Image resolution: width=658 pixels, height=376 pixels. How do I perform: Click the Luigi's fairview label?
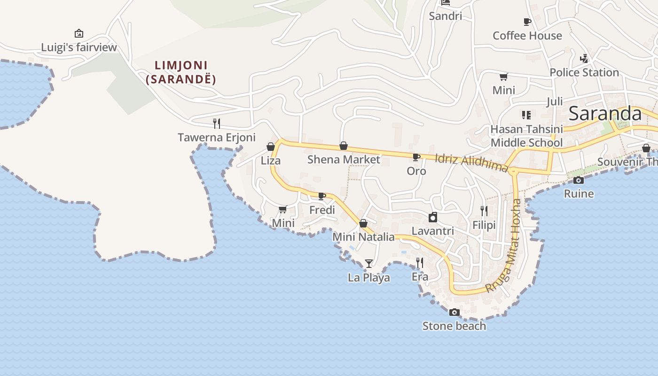78,47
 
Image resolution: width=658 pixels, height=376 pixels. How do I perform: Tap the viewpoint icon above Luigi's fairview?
79,33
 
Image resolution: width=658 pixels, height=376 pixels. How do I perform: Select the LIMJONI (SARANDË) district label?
181,72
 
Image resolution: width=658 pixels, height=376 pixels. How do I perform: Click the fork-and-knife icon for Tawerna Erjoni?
217,123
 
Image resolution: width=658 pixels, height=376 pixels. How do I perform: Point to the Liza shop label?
271,161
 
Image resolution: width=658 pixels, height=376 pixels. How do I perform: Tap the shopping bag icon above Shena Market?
344,146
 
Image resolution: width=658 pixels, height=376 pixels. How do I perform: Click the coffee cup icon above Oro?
416,157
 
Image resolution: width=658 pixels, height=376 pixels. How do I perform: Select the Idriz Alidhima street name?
471,162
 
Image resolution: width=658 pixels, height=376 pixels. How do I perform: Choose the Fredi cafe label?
322,210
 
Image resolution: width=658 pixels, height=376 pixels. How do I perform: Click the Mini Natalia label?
363,237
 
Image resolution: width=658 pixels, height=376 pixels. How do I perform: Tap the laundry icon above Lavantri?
433,217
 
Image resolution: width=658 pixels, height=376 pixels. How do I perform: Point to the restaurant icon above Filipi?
484,211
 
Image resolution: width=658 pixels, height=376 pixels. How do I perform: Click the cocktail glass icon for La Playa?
369,263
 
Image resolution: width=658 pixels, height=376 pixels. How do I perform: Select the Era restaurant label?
420,277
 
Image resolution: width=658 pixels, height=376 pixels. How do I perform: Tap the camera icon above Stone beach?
454,312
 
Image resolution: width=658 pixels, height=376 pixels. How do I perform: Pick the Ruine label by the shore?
579,194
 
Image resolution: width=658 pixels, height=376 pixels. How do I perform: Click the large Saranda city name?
605,114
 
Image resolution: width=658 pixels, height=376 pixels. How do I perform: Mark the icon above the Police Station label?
584,59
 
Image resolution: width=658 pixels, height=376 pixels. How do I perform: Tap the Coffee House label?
527,36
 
